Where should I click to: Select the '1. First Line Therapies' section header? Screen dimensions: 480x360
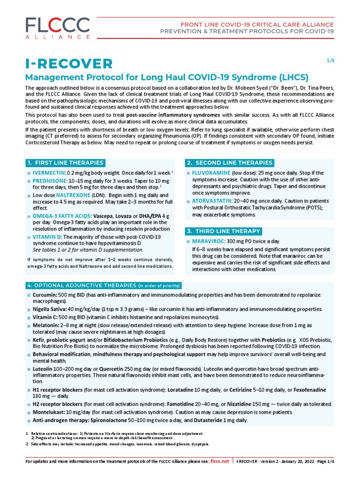click(x=65, y=163)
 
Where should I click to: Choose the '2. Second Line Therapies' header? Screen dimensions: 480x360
click(x=230, y=163)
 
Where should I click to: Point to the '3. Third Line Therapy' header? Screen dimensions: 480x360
click(x=224, y=231)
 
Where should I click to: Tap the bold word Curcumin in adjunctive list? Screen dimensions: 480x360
click(x=45, y=294)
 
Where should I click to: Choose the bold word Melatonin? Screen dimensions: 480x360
click(x=45, y=325)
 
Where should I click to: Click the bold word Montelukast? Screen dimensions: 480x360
click(x=48, y=412)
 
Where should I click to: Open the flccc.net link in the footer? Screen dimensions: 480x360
click(x=220, y=461)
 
